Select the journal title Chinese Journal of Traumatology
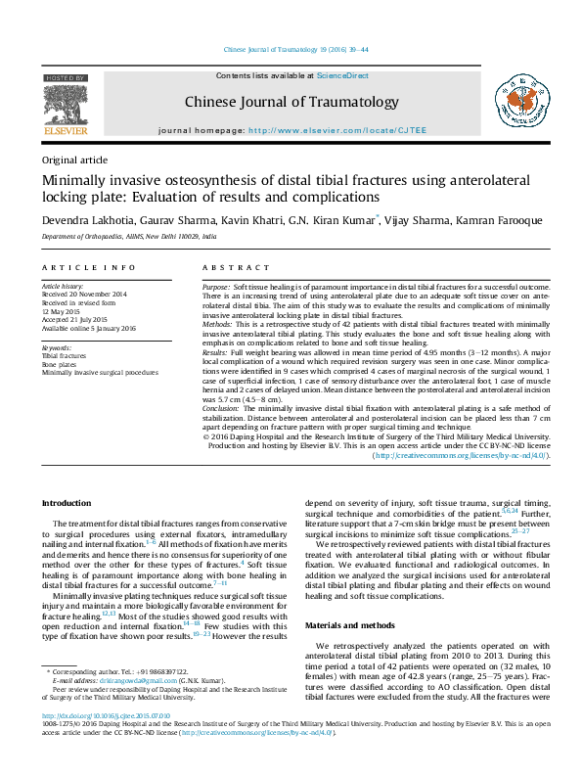coord(291,102)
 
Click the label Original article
coord(74,160)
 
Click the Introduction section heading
coord(66,503)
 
